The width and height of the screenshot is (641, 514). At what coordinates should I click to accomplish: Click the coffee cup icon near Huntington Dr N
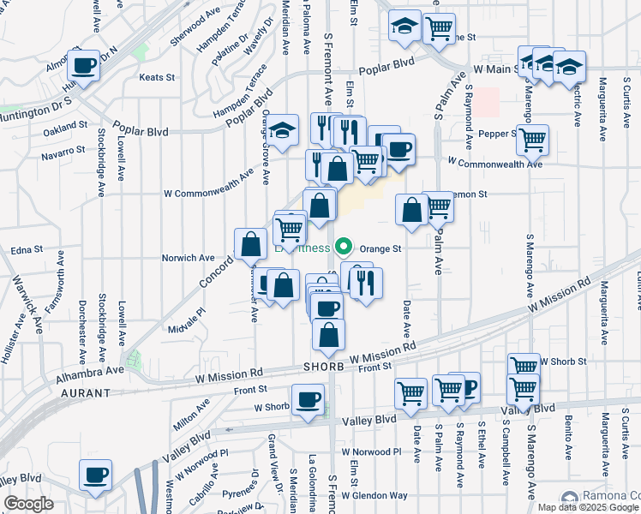84,64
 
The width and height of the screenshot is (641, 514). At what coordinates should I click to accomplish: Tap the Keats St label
157,77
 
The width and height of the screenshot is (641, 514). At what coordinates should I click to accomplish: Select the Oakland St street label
65,124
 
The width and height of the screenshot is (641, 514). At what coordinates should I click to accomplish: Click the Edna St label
27,249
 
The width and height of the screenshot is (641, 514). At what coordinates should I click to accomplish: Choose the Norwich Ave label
189,257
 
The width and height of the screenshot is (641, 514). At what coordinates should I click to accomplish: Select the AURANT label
86,392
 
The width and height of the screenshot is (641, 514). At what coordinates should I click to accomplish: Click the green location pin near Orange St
344,248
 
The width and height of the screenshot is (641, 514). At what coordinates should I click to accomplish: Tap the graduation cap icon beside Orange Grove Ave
281,130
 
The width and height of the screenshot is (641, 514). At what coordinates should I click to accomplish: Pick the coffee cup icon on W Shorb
309,398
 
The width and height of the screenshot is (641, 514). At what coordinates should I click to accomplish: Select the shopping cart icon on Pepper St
533,138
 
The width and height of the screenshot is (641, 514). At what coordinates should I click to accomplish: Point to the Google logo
29,504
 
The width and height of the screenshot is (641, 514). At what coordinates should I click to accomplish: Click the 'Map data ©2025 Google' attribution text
588,507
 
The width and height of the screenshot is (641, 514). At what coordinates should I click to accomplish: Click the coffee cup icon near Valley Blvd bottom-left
95,474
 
